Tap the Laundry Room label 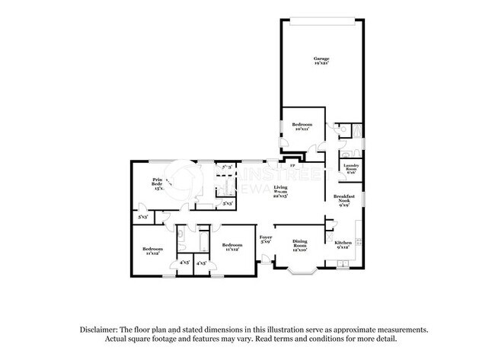(x=351, y=167)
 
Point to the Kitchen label (x=343, y=242)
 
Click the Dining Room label (x=300, y=242)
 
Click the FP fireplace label (x=292, y=164)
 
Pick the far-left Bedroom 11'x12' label (x=153, y=249)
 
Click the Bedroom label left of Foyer (x=232, y=244)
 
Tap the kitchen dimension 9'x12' (x=343, y=247)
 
